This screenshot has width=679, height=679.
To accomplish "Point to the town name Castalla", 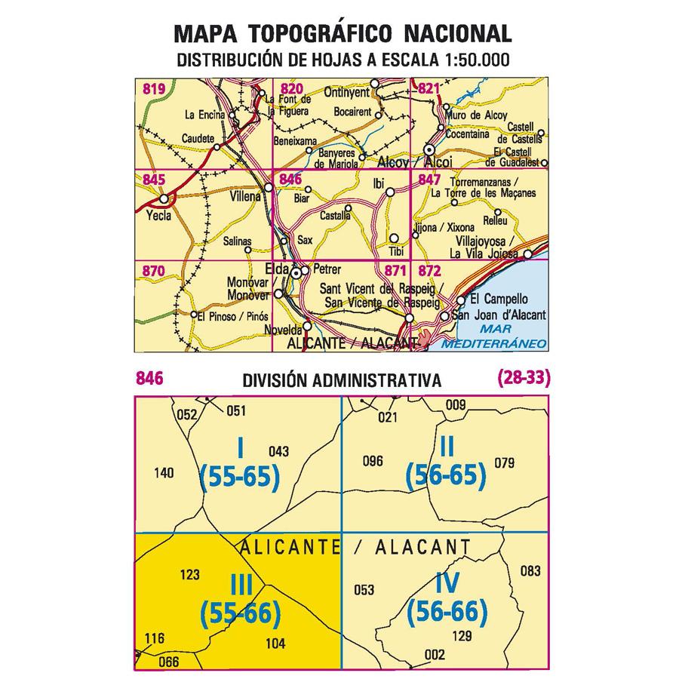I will tap(336, 216).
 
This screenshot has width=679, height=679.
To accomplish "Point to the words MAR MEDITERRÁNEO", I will tap(494, 337).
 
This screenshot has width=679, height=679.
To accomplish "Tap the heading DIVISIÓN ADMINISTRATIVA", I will tap(342, 381).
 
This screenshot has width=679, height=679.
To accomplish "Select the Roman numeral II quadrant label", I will tap(447, 447).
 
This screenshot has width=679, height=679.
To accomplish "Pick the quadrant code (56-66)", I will tap(447, 611).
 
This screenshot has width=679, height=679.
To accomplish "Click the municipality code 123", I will tap(190, 575).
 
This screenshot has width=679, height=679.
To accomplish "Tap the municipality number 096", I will tap(373, 462).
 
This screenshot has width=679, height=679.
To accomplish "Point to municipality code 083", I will tap(531, 570).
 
